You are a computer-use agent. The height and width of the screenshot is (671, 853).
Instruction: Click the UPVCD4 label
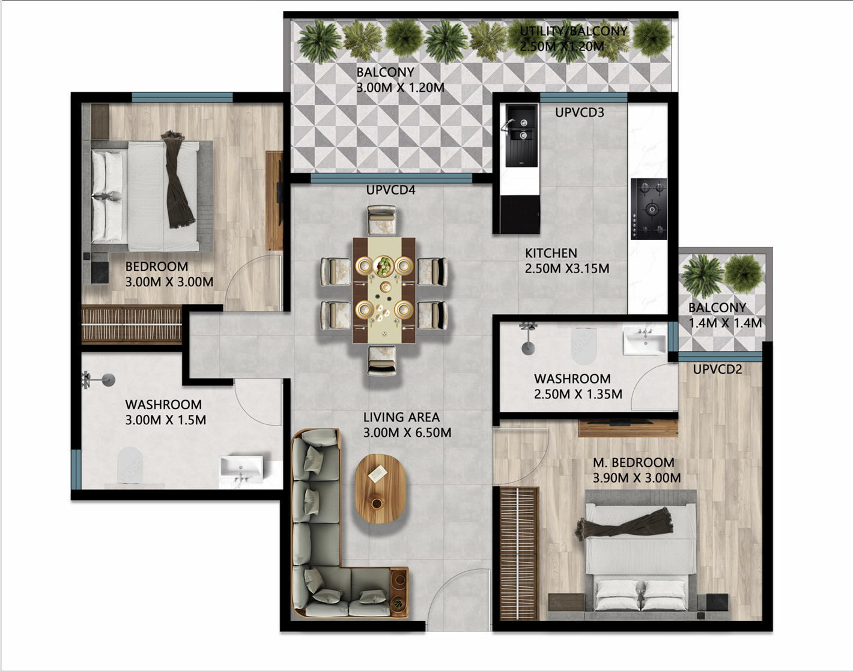coord(390,190)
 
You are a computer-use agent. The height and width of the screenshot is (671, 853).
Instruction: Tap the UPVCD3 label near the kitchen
coord(579,112)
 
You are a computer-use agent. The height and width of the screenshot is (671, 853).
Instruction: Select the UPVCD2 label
coord(717,369)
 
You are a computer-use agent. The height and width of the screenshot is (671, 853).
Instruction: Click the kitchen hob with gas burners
coord(649,209)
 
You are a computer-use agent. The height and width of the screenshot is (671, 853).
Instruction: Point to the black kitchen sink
coord(521,136)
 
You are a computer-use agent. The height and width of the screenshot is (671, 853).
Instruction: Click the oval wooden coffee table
coord(380,488)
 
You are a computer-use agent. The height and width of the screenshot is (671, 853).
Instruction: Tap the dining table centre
coord(384,290)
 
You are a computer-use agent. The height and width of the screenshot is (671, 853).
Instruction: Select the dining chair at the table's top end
coord(382,220)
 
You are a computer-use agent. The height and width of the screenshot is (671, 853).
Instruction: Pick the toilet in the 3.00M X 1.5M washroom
coord(130,465)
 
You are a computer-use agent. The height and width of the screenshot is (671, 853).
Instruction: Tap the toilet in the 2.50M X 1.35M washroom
coord(584,346)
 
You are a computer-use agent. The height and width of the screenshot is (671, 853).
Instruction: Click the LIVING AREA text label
coord(401,417)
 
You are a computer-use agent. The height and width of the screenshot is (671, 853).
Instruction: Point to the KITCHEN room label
coord(551,253)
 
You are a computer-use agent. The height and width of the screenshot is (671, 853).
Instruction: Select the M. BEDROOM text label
coord(633,463)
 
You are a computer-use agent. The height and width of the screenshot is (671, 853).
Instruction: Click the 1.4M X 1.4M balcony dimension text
coord(725,323)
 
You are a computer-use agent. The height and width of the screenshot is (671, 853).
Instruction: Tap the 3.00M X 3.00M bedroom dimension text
coord(169,282)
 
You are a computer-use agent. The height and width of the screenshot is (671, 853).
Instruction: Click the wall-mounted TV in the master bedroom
coord(628,422)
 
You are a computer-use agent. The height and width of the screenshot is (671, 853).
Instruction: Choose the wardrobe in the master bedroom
coord(518,552)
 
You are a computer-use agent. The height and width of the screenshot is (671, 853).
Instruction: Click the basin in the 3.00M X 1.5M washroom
coord(241,469)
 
